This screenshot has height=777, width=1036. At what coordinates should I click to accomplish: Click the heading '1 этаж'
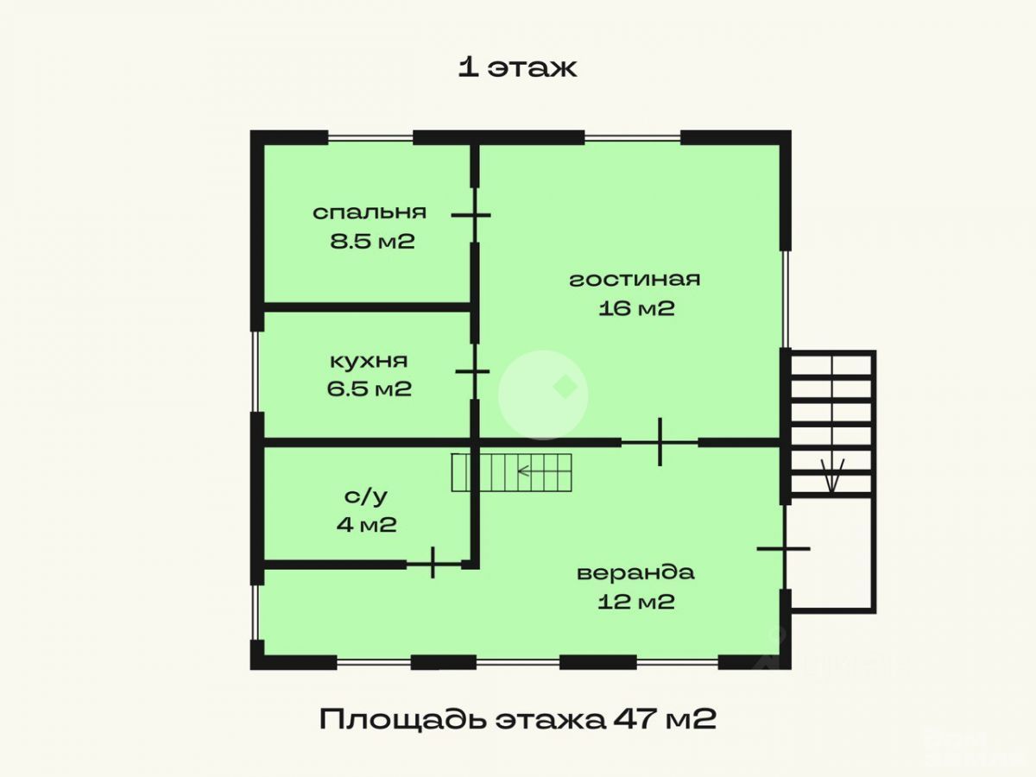pos(517,68)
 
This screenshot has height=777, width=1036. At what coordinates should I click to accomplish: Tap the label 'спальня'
pos(370,212)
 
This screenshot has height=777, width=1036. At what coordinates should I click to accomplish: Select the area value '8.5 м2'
pos(372,241)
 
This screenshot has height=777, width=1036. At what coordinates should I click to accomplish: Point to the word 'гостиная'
pos(635,279)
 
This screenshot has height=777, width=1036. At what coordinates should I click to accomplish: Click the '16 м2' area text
pos(636,308)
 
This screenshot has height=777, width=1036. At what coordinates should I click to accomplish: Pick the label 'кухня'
pos(369,361)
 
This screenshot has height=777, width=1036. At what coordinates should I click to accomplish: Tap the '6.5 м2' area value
pos(369,389)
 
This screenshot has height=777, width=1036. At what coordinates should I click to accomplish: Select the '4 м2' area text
pos(367,524)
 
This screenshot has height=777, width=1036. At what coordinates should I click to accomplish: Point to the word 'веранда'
pos(635,572)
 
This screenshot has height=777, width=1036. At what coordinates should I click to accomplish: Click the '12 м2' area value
pos(636,602)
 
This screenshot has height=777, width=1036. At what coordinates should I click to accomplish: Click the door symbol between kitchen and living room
pos(472,372)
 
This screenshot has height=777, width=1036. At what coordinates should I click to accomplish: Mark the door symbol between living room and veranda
pos(660,442)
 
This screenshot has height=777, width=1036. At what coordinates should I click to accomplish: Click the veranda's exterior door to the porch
pos(784,548)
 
